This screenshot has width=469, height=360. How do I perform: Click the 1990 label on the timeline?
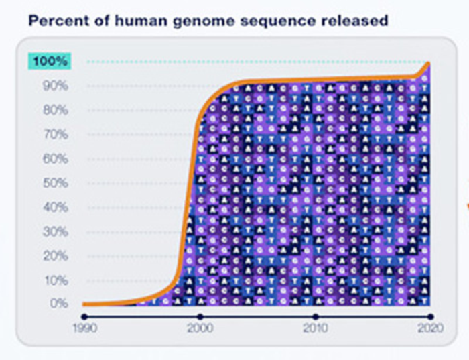point(84,328)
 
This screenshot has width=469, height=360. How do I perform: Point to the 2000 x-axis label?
point(200,328)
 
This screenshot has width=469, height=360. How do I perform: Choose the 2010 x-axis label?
point(316,328)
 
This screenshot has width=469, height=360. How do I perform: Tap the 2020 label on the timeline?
point(429,328)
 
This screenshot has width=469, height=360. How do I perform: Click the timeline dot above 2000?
point(200,316)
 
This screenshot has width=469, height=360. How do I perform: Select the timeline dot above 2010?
point(316,316)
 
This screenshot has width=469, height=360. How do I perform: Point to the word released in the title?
point(354,21)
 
